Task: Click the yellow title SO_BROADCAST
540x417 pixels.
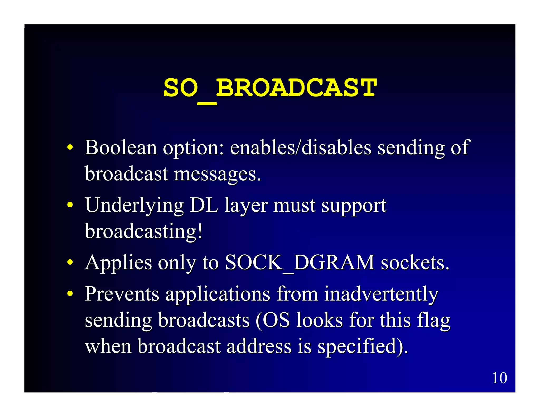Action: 270,88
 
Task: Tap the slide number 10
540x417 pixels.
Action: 499,378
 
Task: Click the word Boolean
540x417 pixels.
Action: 121,147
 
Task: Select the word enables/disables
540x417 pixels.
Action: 301,147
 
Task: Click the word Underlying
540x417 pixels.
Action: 134,206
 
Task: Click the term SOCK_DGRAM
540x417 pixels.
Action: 300,263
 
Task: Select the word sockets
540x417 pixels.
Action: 415,263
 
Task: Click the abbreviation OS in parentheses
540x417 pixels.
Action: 276,320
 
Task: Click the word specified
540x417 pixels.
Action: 360,347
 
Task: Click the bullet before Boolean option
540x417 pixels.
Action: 70,148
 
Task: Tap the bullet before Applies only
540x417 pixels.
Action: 70,263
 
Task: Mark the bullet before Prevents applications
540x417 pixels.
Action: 70,294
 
